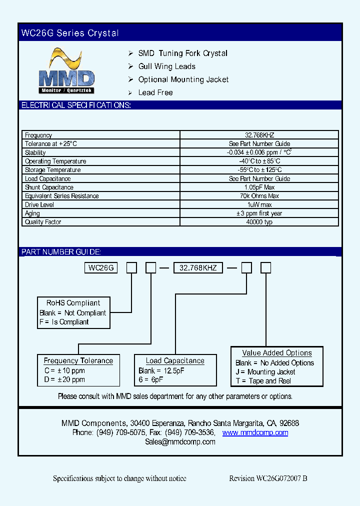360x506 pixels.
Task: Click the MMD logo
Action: click(66, 71)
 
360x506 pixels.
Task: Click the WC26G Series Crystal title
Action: click(70, 33)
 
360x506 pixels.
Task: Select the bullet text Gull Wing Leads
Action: click(166, 66)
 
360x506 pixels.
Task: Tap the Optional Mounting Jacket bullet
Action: click(183, 79)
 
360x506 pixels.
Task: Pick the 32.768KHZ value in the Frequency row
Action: click(259, 135)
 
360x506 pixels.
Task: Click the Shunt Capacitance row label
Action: click(49, 187)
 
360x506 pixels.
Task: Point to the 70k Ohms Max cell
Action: click(259, 196)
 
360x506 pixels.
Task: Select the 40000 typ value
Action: click(259, 222)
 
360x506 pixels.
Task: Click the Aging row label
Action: click(32, 213)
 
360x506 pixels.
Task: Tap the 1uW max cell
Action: click(259, 205)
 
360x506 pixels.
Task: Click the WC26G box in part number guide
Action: click(101, 268)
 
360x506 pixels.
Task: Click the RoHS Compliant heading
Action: click(73, 303)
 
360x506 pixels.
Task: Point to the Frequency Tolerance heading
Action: click(78, 360)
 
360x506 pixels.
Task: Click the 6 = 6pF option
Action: click(151, 379)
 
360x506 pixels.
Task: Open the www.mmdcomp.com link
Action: click(255, 432)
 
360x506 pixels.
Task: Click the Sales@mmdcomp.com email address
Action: click(180, 442)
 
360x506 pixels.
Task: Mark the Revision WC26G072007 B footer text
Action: click(268, 478)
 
